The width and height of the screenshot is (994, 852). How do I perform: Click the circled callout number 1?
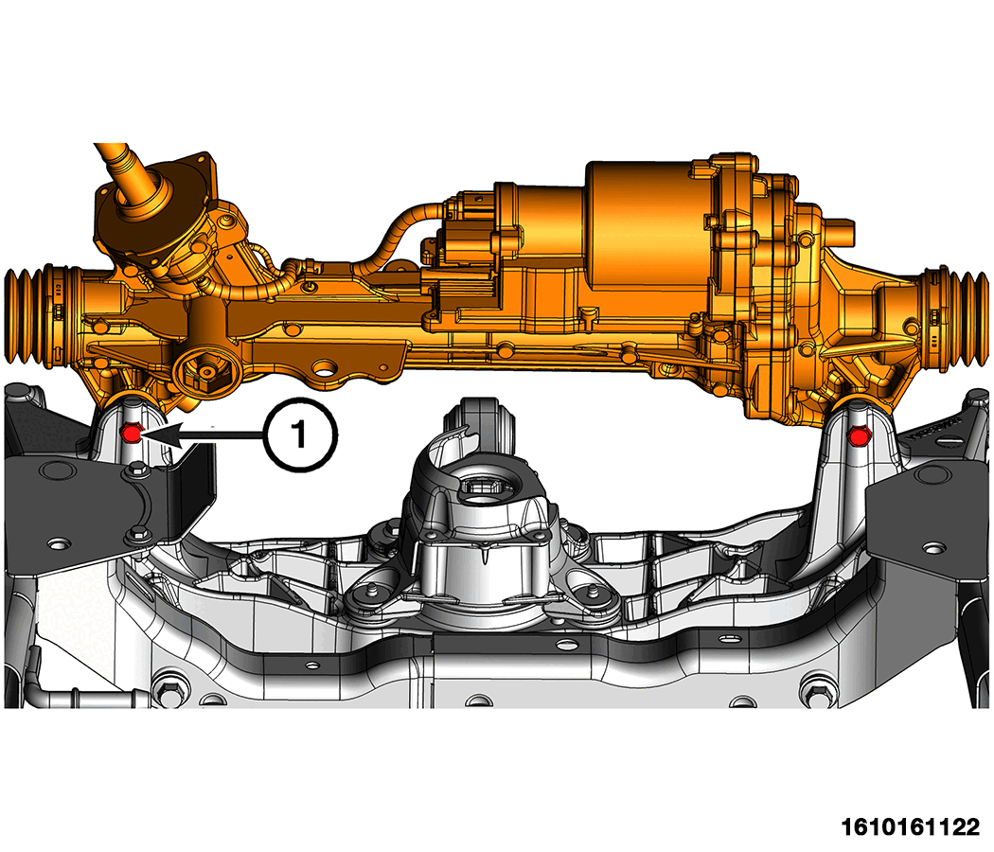coord(300,435)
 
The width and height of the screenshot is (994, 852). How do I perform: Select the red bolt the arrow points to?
coord(132,433)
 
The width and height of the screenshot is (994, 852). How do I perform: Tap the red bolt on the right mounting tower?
coord(859,436)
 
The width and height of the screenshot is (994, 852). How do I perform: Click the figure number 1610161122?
coord(911,827)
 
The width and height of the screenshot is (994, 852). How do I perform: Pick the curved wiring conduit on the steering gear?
coord(393,238)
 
